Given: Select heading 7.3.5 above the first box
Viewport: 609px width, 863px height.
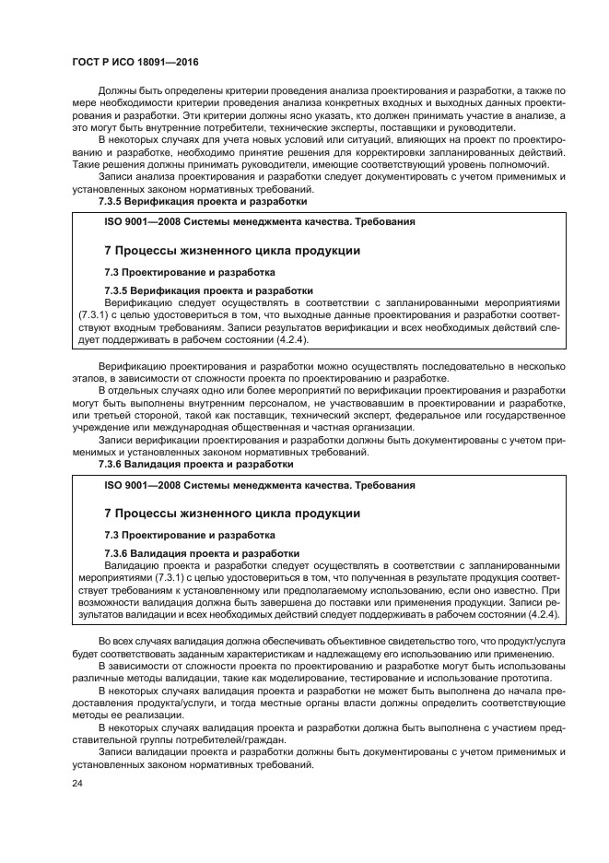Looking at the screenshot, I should coord(202,200).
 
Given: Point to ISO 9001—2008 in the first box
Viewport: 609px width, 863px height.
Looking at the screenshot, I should coord(144,222).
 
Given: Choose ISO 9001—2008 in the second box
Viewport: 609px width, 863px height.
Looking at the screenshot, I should coord(144,485).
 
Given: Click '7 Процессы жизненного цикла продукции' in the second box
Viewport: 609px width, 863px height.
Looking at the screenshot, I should coord(231,514).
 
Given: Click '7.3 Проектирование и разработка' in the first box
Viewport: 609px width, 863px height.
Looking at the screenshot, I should coord(189,273).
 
